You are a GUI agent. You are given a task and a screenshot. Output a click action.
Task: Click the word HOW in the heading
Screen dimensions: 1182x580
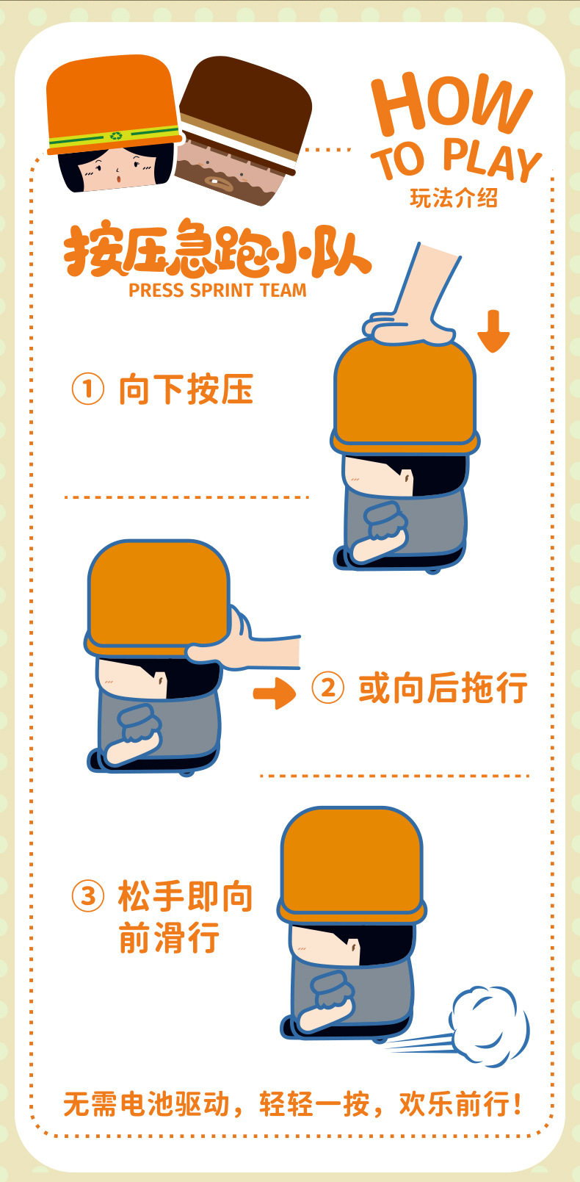(451, 107)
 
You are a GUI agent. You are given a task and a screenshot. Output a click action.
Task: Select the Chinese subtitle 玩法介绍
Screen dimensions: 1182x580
(453, 198)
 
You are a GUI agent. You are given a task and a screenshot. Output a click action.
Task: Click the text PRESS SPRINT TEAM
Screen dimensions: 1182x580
(217, 290)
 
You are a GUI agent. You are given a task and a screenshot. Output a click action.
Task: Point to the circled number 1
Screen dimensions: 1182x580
(87, 389)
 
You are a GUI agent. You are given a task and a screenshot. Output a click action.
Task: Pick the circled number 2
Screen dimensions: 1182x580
(327, 688)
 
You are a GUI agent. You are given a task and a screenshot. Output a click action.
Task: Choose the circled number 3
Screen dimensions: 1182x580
(87, 896)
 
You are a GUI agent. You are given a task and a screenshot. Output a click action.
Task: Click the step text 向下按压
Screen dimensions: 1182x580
(186, 389)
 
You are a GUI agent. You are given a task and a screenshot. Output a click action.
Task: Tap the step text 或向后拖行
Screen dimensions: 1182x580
(443, 688)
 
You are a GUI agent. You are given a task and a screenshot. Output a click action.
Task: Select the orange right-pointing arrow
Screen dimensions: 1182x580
(275, 693)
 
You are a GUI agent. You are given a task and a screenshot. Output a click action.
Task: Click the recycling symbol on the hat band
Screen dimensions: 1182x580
(116, 135)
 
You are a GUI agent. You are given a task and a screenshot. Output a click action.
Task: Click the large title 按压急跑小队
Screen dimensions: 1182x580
(217, 249)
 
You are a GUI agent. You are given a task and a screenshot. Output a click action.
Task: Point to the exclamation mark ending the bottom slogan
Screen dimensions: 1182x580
(518, 1104)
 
